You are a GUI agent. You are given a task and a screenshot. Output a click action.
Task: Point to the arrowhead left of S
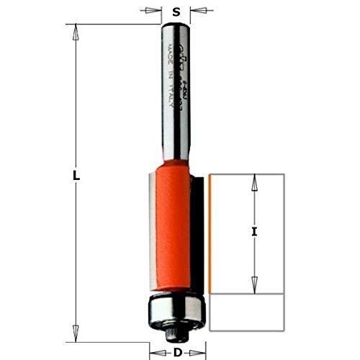pyautogui.click(x=153, y=11)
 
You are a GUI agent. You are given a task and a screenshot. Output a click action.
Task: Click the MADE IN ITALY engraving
pyautogui.click(x=172, y=68)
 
